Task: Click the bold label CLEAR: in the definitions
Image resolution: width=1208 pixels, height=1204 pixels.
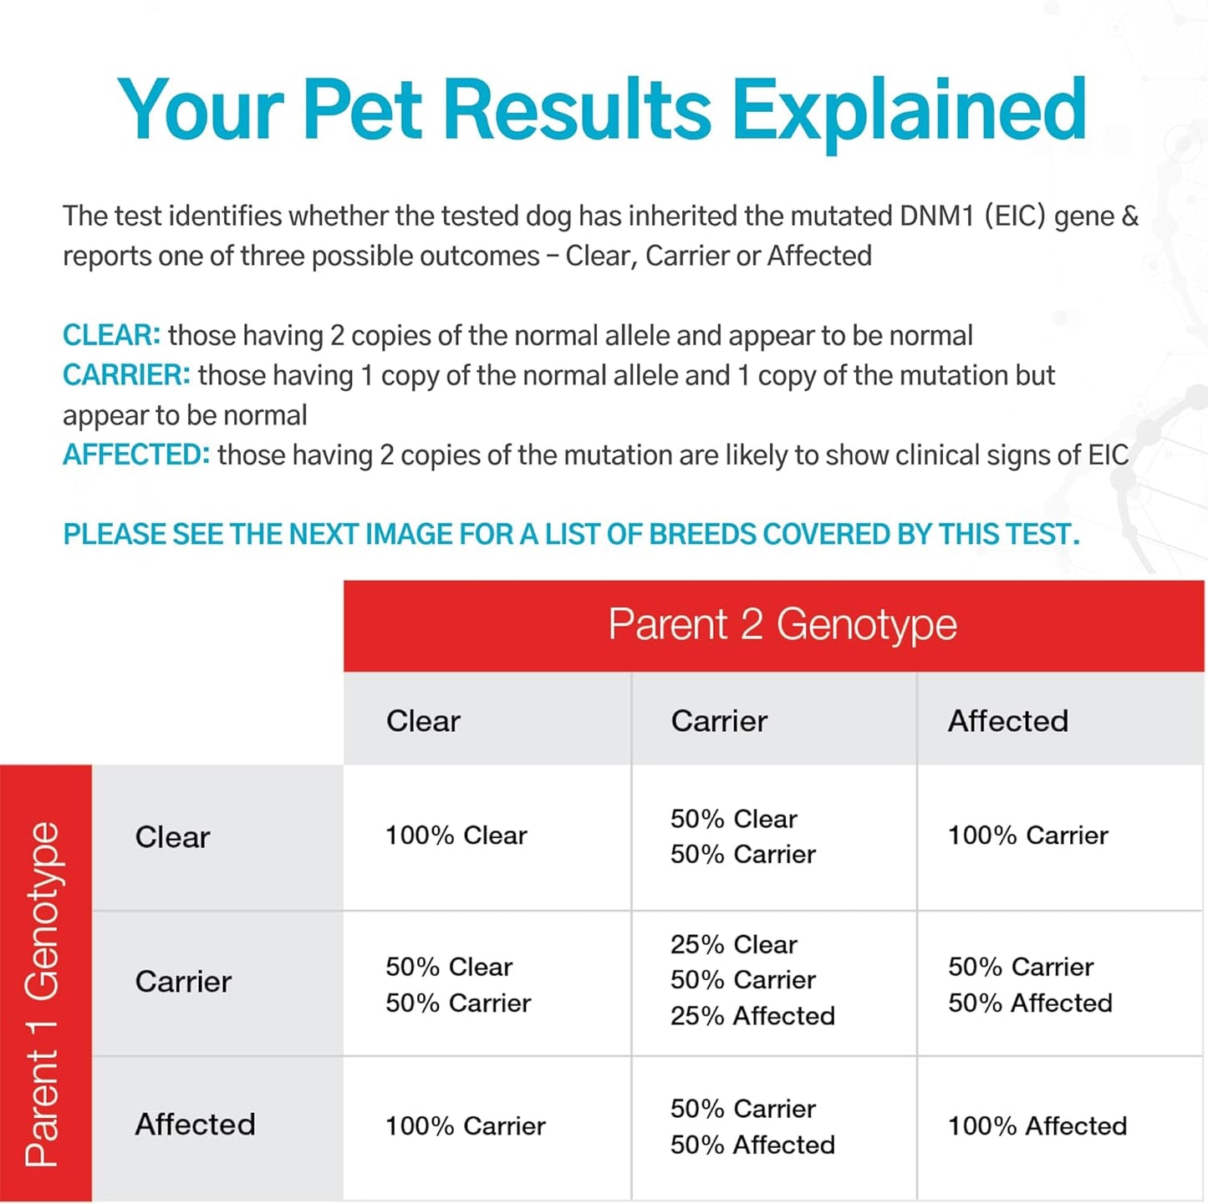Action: tap(111, 336)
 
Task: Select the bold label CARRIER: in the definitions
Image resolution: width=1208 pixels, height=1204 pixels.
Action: tap(126, 376)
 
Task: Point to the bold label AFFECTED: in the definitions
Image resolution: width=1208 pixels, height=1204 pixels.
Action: tap(136, 455)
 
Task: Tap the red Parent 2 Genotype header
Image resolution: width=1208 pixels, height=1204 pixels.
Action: tap(782, 625)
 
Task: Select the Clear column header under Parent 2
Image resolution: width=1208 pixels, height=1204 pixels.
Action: tap(423, 721)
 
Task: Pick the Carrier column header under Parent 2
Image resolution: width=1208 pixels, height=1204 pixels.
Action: tap(719, 721)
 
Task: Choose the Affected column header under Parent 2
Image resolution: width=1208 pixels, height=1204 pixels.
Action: tap(1007, 721)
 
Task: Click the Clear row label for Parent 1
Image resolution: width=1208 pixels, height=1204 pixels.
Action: tap(172, 837)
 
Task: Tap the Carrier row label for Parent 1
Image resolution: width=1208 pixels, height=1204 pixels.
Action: tap(183, 982)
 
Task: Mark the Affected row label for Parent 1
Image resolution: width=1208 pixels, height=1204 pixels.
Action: tap(195, 1125)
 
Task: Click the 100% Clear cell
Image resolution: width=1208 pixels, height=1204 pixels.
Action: tap(456, 836)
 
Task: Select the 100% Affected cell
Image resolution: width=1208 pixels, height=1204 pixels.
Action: tap(1037, 1126)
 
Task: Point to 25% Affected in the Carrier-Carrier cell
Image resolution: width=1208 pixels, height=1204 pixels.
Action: tap(752, 1016)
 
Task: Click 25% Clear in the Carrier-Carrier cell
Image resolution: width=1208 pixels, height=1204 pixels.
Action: tap(733, 945)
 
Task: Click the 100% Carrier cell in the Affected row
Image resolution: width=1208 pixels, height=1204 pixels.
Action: tap(465, 1126)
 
